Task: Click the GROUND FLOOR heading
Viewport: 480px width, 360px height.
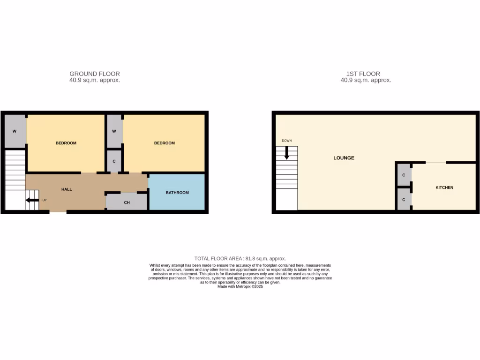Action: point(95,74)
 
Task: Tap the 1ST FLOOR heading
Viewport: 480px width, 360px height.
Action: point(363,74)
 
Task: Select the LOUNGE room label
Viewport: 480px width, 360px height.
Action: point(344,158)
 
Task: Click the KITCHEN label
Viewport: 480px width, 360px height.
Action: point(444,187)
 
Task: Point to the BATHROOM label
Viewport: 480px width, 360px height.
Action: point(177,193)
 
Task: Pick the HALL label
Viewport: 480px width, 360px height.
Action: point(67,189)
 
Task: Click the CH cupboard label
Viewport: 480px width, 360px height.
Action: point(127,202)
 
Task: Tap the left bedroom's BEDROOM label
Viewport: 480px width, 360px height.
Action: point(66,143)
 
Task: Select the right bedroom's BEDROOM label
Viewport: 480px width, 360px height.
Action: point(164,143)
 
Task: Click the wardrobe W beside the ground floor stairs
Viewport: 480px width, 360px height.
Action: point(15,131)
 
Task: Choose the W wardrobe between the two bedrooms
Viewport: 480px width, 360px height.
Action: point(114,131)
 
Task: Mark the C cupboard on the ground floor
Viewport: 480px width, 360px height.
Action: point(114,161)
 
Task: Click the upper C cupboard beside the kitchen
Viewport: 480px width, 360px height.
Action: point(404,175)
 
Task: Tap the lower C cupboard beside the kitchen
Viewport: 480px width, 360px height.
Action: point(404,199)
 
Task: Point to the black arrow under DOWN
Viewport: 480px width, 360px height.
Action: point(286,153)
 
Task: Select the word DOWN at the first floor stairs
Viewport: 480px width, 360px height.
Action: point(286,141)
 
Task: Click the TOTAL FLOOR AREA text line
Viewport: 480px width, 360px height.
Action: point(240,258)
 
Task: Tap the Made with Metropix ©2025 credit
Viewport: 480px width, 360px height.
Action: point(240,286)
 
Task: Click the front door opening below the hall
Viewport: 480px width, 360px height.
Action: point(58,212)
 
